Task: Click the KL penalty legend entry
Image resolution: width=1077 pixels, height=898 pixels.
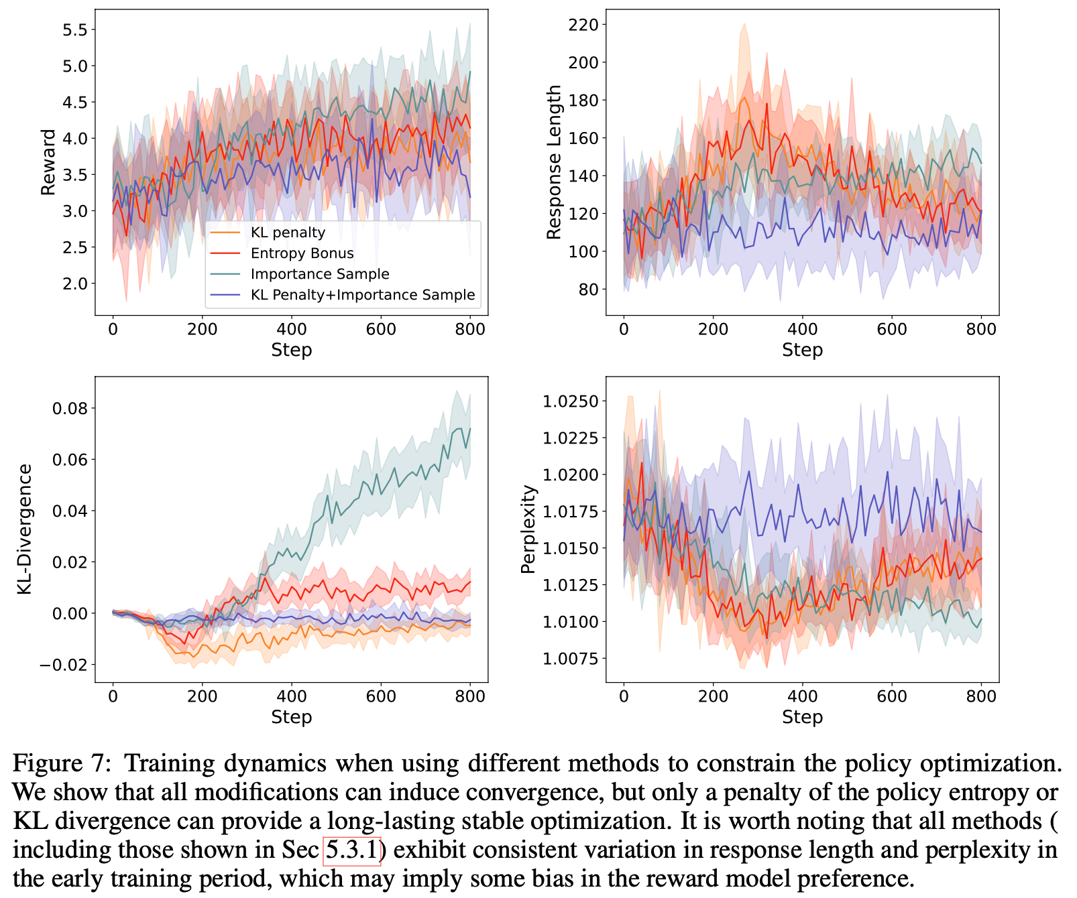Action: tap(288, 233)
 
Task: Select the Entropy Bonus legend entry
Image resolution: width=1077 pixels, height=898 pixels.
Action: tap(302, 253)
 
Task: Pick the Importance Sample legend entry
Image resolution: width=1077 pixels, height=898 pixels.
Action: tap(320, 274)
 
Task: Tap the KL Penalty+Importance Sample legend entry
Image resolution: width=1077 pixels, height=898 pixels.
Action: tap(362, 295)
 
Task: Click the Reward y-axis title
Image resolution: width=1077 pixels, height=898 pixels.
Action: tap(48, 162)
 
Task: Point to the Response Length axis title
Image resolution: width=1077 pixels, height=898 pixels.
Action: tap(554, 162)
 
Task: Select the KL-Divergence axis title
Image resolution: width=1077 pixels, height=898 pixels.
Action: tap(25, 529)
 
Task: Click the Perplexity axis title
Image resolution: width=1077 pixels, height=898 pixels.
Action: tap(529, 529)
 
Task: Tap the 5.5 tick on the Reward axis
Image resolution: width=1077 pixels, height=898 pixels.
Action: tap(74, 29)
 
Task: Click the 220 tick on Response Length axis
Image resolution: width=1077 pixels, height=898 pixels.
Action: tap(582, 25)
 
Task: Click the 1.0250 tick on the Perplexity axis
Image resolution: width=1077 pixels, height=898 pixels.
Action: tap(570, 401)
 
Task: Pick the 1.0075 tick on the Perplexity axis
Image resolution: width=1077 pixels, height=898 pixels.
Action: tap(570, 659)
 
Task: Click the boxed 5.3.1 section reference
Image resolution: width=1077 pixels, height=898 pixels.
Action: tap(353, 850)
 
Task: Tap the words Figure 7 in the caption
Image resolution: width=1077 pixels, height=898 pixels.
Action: tap(59, 763)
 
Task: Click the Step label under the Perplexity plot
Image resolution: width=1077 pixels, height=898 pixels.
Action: tap(802, 717)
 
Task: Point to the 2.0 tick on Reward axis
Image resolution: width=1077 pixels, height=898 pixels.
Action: tap(74, 283)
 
